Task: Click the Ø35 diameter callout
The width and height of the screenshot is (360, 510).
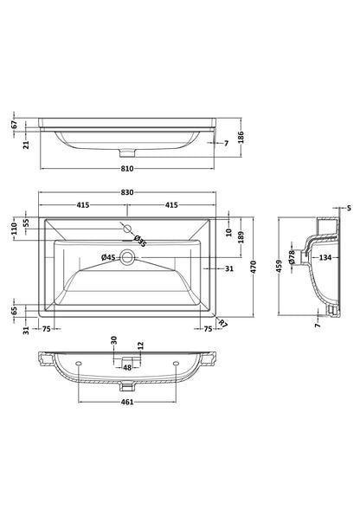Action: (140, 241)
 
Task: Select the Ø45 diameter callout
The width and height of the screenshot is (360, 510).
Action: (109, 257)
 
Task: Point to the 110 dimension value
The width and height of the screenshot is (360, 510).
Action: (13, 229)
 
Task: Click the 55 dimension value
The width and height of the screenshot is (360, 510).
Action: (25, 222)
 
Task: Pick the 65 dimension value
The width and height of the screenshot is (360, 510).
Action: (14, 308)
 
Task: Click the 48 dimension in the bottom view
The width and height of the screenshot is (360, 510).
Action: (126, 367)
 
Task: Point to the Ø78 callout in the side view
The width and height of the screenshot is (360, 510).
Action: (292, 256)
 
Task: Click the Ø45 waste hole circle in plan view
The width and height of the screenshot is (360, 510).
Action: (126, 257)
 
